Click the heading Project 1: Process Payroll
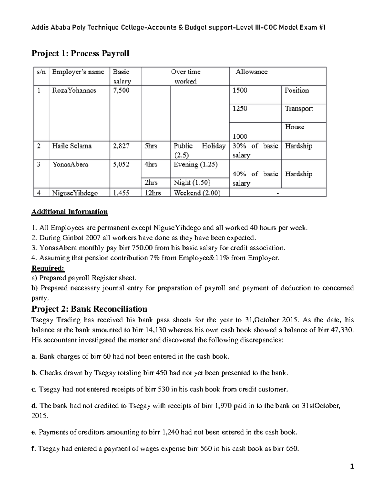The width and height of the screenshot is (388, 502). (x=80, y=53)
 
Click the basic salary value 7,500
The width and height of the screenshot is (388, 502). (x=121, y=91)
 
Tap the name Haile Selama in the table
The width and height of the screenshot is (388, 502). (x=72, y=146)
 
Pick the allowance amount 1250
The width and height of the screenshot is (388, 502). (x=240, y=109)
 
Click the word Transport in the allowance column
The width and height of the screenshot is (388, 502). (x=299, y=109)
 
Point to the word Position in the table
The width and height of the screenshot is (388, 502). (x=296, y=91)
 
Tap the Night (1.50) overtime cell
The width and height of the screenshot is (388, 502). (x=192, y=183)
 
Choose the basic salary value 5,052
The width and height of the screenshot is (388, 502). (x=121, y=165)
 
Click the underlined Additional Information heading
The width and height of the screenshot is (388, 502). (x=70, y=212)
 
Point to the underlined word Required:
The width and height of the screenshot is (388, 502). (x=48, y=268)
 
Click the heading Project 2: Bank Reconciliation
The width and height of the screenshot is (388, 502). (x=89, y=309)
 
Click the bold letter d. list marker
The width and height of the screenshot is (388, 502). (x=34, y=406)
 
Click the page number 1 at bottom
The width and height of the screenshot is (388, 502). (x=352, y=466)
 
